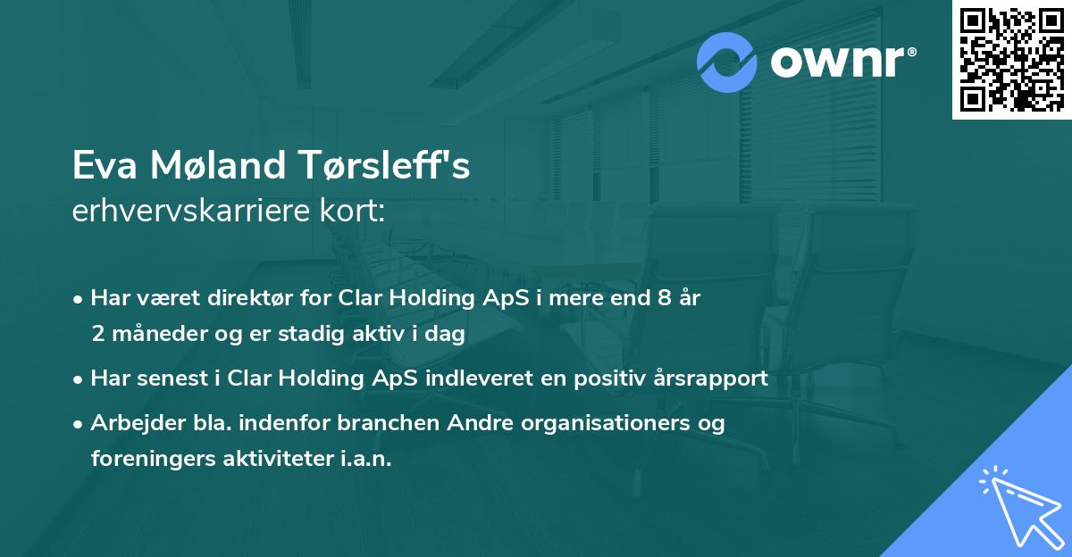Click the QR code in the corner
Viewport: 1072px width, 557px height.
pos(1011,60)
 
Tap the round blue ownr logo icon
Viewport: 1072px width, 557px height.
pos(727,62)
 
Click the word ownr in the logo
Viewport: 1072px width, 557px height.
pos(840,63)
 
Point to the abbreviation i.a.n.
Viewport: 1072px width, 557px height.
pos(366,459)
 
